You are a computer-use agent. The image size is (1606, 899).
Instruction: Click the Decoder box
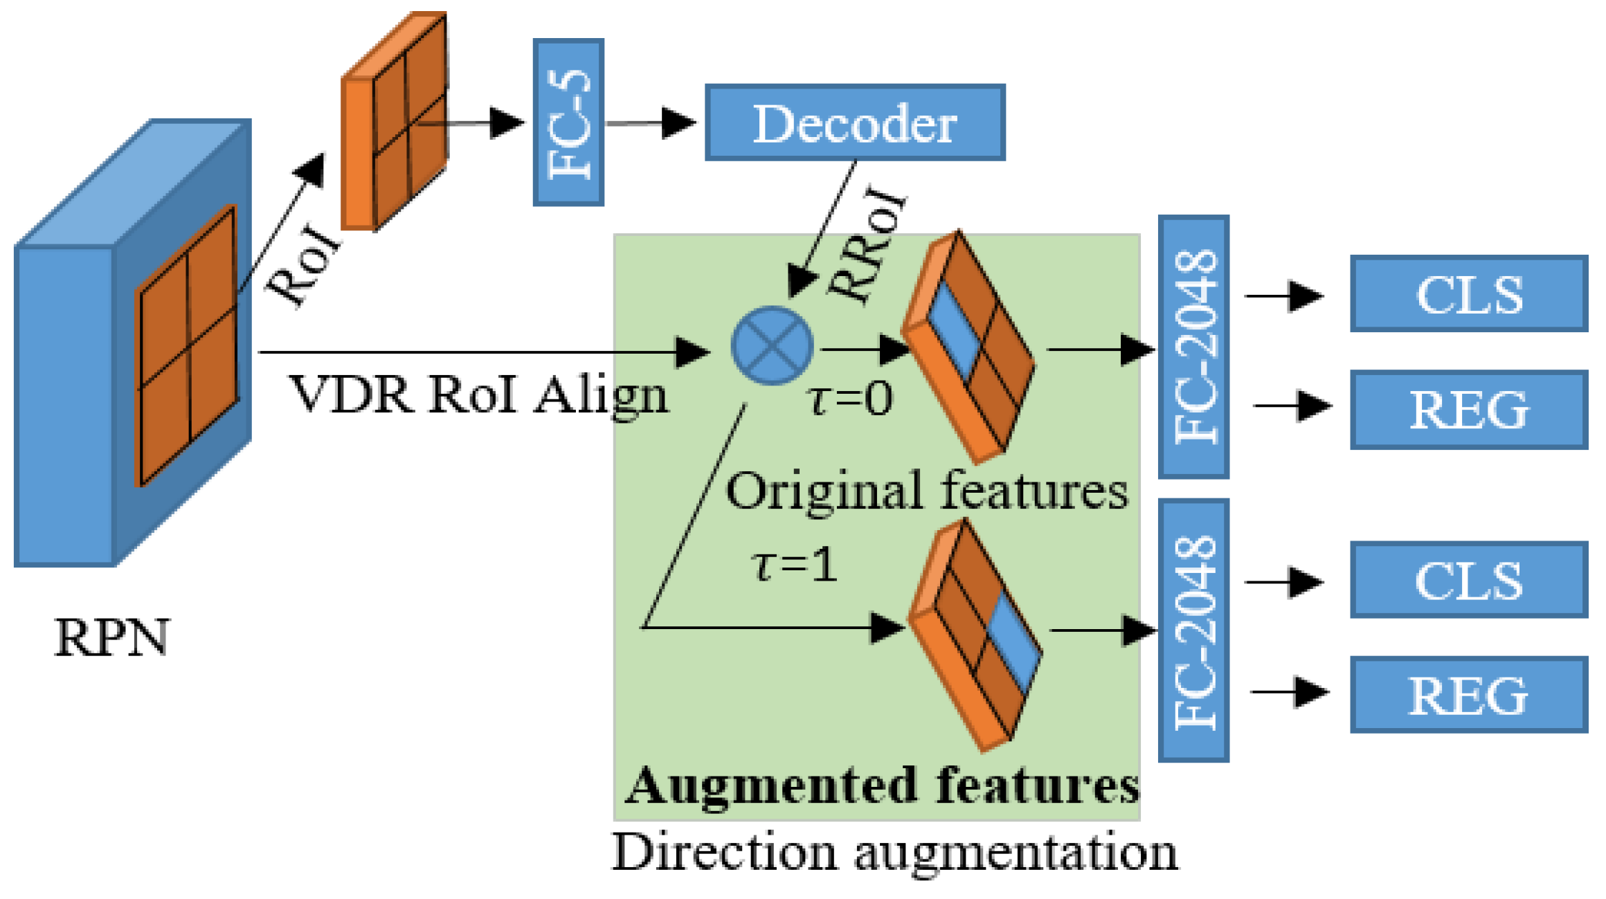pos(855,123)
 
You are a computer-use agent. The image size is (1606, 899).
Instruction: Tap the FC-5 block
pos(568,122)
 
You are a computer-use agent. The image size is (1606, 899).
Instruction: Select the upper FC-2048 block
pos(1193,347)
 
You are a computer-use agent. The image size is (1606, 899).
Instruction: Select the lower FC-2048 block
pos(1193,630)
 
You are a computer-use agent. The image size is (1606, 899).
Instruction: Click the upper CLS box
pos(1468,294)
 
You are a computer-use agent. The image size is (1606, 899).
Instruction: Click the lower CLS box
pos(1468,580)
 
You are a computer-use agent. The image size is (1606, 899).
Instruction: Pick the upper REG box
pos(1468,410)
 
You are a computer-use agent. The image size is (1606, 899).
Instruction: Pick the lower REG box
pos(1468,695)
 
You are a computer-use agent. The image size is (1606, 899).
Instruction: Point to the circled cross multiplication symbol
pos(772,345)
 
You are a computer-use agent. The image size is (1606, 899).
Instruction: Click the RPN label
pos(111,637)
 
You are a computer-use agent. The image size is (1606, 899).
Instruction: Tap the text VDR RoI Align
pos(478,395)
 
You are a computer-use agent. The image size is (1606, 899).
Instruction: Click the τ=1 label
pos(795,565)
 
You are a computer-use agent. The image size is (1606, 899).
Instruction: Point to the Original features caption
pos(926,491)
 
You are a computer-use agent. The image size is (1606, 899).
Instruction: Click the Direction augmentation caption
pos(894,853)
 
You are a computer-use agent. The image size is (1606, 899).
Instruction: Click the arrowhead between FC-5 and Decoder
pos(678,123)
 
